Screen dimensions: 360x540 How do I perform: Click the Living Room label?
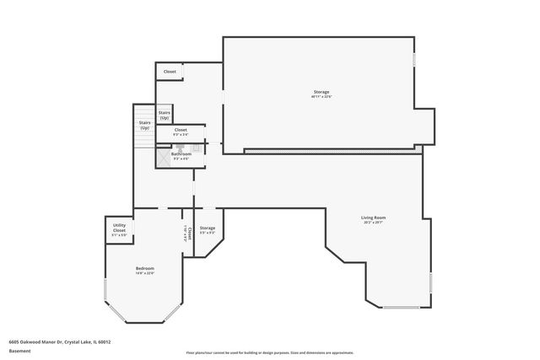(x=373, y=218)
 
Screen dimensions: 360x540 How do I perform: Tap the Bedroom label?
(x=145, y=268)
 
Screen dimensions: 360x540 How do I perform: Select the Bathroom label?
(x=181, y=154)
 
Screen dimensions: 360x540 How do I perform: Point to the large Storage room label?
(x=321, y=92)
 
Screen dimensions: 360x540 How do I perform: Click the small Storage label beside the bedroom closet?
(x=208, y=228)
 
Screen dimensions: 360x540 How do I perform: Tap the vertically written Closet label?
(x=190, y=234)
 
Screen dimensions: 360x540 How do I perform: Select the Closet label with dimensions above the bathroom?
(x=181, y=130)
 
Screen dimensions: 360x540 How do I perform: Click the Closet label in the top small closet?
(x=170, y=72)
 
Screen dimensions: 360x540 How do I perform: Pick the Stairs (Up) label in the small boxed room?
(x=165, y=114)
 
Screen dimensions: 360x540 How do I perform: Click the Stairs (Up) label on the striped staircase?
(x=145, y=125)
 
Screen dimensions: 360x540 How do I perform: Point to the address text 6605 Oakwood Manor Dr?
(x=59, y=342)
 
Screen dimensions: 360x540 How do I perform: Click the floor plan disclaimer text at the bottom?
(x=269, y=352)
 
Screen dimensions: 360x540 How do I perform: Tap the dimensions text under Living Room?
(x=373, y=223)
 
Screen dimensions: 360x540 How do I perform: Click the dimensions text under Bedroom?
(x=145, y=272)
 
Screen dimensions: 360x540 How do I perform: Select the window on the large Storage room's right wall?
(x=413, y=64)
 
